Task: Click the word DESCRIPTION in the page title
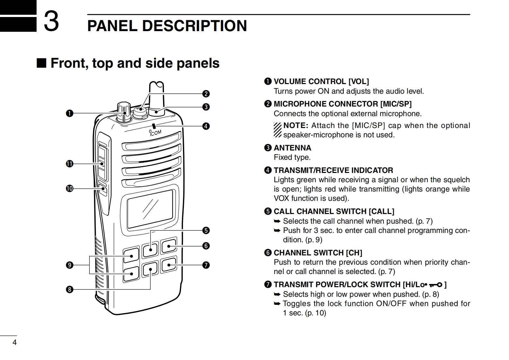(194, 26)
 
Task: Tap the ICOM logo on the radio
(156, 133)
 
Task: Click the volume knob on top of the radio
(124, 111)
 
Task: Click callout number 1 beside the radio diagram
(69, 113)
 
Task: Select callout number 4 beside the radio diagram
(206, 126)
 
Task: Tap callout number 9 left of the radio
(69, 265)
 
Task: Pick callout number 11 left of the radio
(69, 164)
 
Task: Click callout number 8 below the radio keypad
(69, 290)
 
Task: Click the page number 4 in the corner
(14, 342)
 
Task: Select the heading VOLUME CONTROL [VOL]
(321, 81)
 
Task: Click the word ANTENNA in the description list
(292, 148)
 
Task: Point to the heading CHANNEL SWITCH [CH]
(318, 253)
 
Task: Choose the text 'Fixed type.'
(292, 157)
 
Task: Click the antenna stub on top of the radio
(157, 96)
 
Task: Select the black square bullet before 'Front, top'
(41, 63)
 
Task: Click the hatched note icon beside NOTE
(278, 130)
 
